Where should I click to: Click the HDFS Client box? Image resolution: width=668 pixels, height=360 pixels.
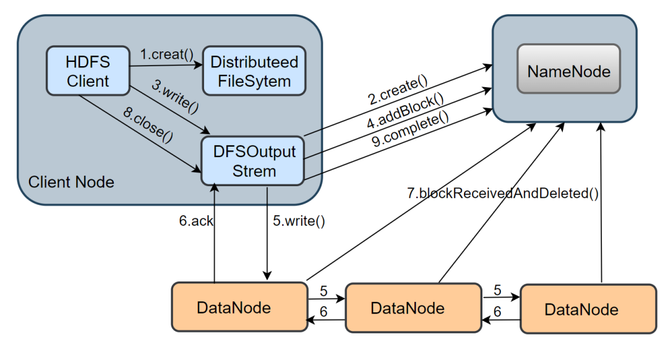[x=87, y=71]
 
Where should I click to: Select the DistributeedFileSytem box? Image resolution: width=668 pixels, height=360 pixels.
[x=254, y=71]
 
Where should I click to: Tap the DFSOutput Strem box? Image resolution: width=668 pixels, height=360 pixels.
[x=252, y=161]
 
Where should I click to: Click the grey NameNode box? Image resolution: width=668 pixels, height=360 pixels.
[x=568, y=71]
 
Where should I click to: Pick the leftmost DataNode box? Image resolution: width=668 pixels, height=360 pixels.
[x=239, y=307]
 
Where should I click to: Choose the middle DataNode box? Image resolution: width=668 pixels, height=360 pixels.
[x=413, y=307]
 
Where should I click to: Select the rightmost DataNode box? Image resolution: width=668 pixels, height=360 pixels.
[x=588, y=309]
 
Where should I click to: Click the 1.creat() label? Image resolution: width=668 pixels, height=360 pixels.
[x=163, y=54]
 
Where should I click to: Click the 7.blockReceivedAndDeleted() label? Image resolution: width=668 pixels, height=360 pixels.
[x=502, y=193]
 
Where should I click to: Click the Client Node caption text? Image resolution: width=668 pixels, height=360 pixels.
[x=71, y=182]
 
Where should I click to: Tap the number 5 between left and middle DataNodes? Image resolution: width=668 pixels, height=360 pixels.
[x=323, y=291]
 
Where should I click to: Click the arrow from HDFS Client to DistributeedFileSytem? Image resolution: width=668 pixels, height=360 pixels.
[x=165, y=64]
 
